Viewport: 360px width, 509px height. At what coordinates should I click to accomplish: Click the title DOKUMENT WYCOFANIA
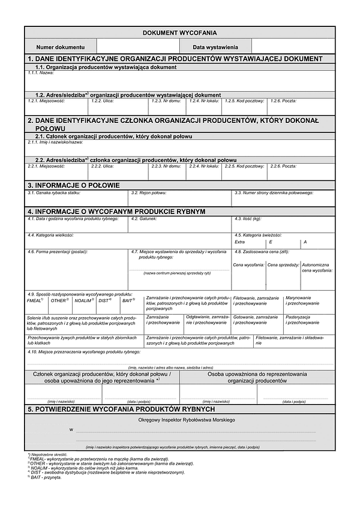(180, 33)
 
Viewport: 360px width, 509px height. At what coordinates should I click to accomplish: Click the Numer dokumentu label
(60, 47)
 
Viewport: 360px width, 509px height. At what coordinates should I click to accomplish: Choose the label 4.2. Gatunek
(144, 219)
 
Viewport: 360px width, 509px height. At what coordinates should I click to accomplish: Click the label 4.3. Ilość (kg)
(248, 219)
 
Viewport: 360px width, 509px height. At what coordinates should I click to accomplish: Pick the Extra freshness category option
(239, 242)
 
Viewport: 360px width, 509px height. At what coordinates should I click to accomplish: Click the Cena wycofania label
(248, 265)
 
